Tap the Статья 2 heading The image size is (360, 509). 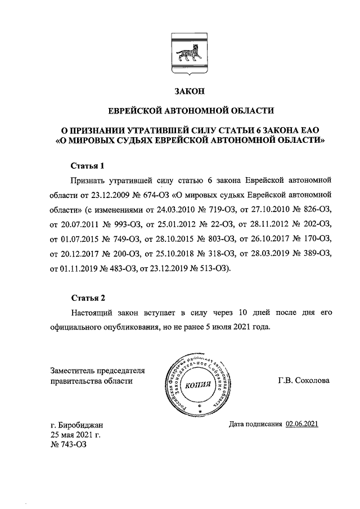tap(88, 298)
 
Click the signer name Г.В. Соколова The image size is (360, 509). tap(304, 380)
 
